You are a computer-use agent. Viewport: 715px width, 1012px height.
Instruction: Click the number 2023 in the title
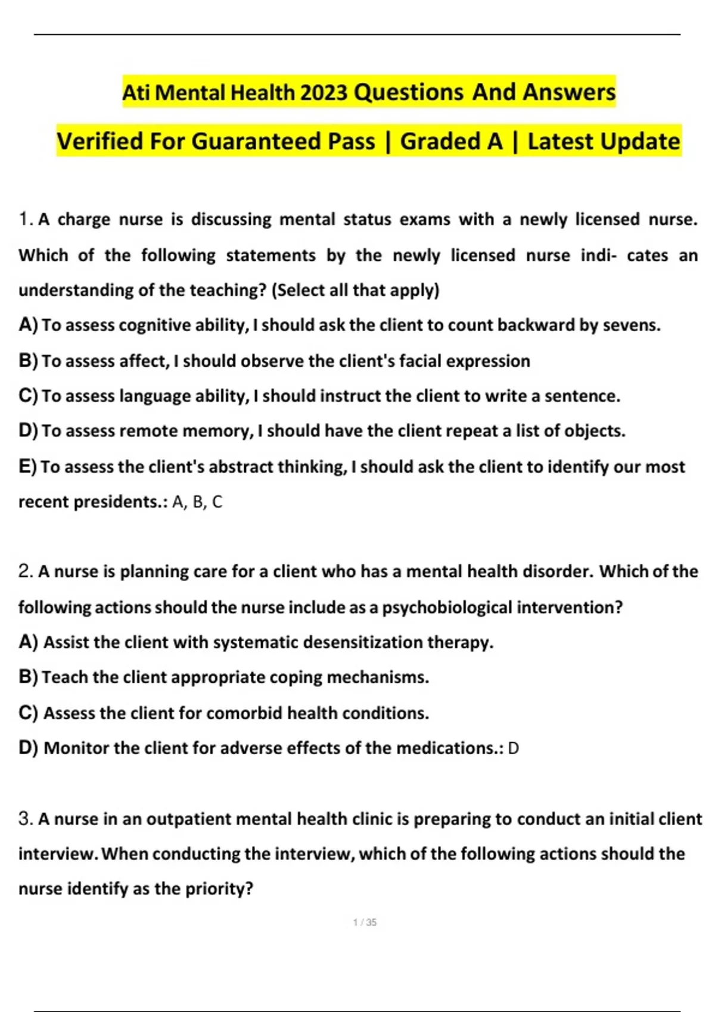pyautogui.click(x=324, y=93)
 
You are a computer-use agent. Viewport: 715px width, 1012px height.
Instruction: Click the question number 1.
pyautogui.click(x=24, y=220)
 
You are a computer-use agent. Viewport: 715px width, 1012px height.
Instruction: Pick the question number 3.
pyautogui.click(x=25, y=819)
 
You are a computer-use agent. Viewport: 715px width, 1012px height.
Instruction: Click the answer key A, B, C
pyautogui.click(x=197, y=502)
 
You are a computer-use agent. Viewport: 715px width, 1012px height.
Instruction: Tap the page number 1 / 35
pyautogui.click(x=365, y=923)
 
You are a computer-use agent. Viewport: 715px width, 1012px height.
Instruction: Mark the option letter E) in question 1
pyautogui.click(x=28, y=467)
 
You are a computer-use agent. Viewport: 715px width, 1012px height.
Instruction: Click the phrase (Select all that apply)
pyautogui.click(x=355, y=291)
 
